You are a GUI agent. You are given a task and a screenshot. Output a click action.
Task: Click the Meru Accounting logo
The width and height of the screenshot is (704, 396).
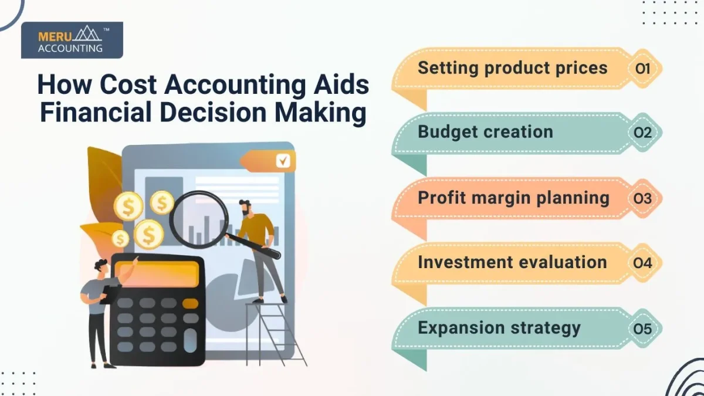(72, 40)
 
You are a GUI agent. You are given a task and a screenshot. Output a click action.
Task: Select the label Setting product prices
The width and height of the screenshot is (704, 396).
(512, 67)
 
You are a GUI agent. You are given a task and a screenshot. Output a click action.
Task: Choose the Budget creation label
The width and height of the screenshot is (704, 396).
(485, 132)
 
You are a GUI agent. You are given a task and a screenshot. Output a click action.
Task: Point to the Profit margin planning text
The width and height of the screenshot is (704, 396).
(513, 198)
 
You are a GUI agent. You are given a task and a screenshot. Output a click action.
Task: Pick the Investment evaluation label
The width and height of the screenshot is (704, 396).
(512, 262)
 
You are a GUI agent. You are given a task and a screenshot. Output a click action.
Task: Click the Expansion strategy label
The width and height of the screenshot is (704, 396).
(499, 327)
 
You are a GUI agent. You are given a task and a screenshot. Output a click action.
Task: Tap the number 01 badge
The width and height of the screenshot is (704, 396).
(643, 68)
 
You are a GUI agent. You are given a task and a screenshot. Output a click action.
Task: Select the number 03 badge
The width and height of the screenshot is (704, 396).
(643, 198)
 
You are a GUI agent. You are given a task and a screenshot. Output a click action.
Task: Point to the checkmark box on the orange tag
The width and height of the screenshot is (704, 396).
(283, 160)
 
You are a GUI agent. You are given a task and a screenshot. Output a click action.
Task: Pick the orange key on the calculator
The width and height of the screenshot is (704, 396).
(191, 303)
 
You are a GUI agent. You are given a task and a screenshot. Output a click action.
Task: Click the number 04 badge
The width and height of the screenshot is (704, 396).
(643, 263)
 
